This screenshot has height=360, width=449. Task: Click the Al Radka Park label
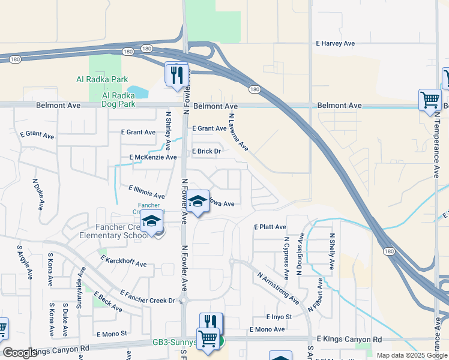click(x=102, y=79)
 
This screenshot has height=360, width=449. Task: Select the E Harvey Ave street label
click(x=336, y=43)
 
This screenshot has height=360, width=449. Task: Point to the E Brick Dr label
click(x=206, y=151)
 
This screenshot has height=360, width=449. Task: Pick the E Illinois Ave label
click(x=146, y=191)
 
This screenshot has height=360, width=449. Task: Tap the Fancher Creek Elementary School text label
click(x=113, y=231)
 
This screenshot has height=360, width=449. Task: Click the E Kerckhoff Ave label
click(x=124, y=260)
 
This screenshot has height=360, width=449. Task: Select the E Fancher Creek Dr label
click(x=147, y=296)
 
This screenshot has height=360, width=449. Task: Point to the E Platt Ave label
click(x=270, y=227)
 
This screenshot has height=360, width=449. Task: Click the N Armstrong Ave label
click(x=277, y=287)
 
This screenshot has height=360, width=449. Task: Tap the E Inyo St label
click(x=279, y=317)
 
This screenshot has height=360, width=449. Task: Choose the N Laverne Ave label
click(x=238, y=131)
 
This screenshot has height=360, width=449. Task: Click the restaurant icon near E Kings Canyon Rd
click(x=211, y=322)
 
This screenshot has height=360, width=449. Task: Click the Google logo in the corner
click(x=20, y=353)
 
